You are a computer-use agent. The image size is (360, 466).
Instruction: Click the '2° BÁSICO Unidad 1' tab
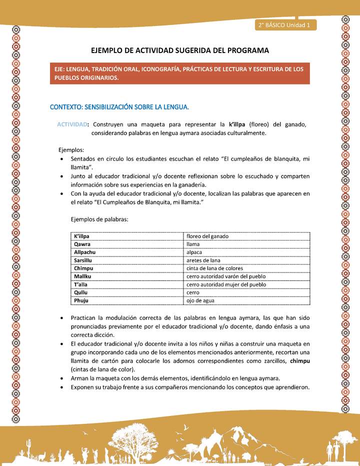pyautogui.click(x=284, y=24)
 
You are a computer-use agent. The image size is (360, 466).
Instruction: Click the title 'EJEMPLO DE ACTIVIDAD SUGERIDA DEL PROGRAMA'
pyautogui.click(x=179, y=50)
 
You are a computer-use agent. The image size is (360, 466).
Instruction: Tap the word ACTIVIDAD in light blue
pyautogui.click(x=72, y=124)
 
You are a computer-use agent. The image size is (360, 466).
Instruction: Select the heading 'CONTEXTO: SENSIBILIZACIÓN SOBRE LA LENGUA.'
pyautogui.click(x=119, y=107)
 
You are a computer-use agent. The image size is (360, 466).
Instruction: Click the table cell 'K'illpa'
pyautogui.click(x=127, y=236)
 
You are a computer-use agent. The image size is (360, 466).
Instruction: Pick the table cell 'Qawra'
pyautogui.click(x=127, y=244)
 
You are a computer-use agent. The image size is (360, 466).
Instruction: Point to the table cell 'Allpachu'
pyautogui.click(x=127, y=252)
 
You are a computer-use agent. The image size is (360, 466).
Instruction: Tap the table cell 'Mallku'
pyautogui.click(x=127, y=276)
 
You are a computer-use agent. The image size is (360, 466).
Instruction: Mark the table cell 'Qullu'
pyautogui.click(x=127, y=292)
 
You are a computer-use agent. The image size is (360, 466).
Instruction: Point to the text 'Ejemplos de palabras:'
pyautogui.click(x=100, y=219)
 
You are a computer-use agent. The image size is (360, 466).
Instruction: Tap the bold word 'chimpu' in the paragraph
pyautogui.click(x=299, y=360)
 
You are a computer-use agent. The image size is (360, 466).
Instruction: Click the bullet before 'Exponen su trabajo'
pyautogui.click(x=61, y=387)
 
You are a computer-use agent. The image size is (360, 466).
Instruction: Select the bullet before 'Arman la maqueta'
pyautogui.click(x=61, y=378)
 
